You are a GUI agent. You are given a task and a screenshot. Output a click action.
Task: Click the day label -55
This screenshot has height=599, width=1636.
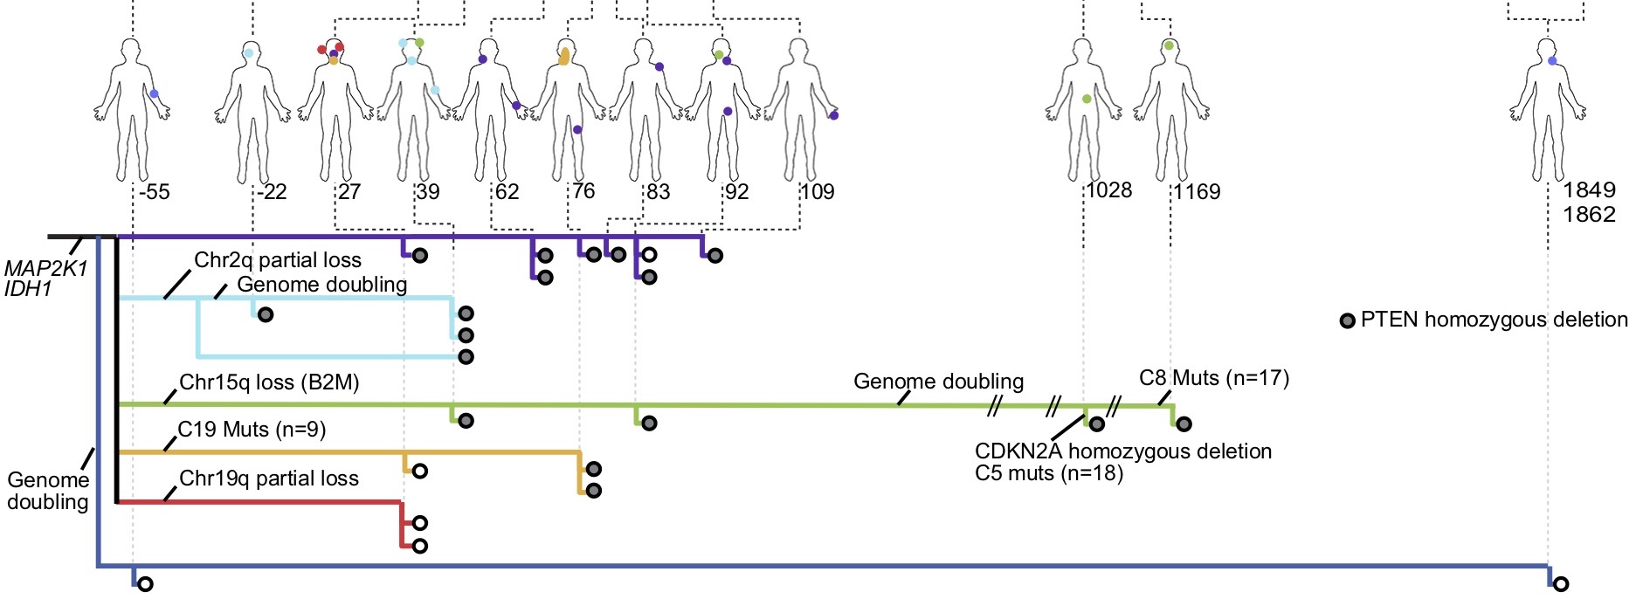(x=154, y=191)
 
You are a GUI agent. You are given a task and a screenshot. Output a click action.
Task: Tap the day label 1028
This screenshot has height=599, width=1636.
(x=1109, y=189)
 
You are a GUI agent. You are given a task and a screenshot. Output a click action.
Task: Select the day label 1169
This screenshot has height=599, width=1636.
(x=1197, y=191)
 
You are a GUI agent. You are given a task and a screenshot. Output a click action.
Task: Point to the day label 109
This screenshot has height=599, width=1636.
(x=818, y=191)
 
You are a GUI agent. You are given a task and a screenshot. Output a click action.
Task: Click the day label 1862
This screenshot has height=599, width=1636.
(x=1589, y=214)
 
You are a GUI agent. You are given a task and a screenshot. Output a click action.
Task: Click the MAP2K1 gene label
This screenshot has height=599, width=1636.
(x=45, y=269)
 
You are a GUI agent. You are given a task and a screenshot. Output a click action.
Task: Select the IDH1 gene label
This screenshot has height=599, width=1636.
(x=28, y=288)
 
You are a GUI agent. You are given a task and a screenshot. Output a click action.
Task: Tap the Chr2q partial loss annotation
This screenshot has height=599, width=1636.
(x=277, y=259)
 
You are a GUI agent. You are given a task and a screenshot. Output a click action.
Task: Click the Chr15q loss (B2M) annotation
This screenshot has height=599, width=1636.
(x=269, y=382)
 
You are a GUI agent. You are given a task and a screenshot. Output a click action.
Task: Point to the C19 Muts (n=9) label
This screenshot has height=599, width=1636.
(x=252, y=430)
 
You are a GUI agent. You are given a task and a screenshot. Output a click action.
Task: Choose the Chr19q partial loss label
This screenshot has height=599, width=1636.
(x=268, y=479)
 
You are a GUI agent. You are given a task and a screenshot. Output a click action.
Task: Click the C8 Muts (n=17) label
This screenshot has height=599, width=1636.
(x=1214, y=378)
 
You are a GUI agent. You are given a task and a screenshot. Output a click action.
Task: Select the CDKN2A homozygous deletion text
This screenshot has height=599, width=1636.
(x=1123, y=451)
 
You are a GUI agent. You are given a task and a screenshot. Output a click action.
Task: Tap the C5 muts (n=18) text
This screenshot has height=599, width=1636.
(x=1048, y=473)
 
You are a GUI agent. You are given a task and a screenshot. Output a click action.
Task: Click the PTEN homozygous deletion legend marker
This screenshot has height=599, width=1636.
(x=1347, y=320)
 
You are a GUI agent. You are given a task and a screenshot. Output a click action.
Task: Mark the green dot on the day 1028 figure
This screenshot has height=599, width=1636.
(x=1087, y=100)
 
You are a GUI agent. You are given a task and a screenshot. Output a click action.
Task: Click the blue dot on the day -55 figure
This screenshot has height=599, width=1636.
(x=154, y=93)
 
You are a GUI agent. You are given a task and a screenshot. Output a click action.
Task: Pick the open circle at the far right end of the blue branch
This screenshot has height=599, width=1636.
(x=1561, y=584)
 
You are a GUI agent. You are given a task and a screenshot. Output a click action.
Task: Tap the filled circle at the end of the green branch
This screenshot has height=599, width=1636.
(x=1184, y=424)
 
